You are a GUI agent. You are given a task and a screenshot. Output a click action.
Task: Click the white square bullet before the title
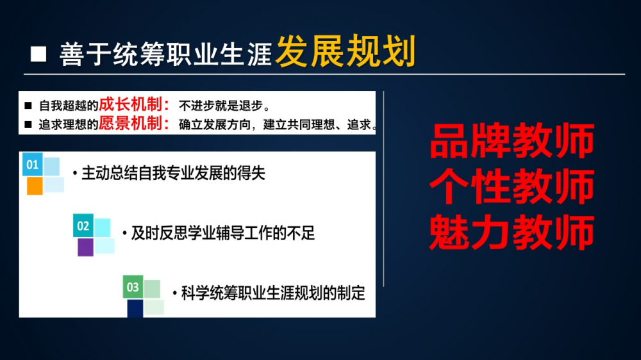[x=38, y=54]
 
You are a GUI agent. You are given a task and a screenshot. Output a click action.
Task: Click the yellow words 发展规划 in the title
[x=346, y=51]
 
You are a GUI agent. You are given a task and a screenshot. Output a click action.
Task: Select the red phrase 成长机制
[x=131, y=104]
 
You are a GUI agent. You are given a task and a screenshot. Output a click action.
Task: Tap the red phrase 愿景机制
[x=131, y=123]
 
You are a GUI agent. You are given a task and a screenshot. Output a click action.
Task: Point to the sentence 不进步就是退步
[x=224, y=106]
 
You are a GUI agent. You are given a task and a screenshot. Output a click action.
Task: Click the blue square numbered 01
[x=32, y=165]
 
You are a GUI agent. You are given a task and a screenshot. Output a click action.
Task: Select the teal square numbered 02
[x=83, y=225]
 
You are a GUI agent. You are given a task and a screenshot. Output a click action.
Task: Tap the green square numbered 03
[x=133, y=287]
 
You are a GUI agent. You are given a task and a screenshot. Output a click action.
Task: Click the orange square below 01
[x=35, y=186]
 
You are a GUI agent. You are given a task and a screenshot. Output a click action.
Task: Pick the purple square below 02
[x=85, y=247]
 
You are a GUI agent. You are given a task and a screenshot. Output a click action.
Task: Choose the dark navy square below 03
[x=135, y=308]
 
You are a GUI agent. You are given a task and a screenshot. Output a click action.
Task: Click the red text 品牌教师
[x=512, y=141]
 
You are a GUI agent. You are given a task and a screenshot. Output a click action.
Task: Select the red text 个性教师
[x=512, y=187]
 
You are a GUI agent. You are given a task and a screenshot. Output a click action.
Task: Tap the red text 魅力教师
[x=512, y=233]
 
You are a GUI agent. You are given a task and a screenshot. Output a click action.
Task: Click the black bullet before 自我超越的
[x=28, y=106]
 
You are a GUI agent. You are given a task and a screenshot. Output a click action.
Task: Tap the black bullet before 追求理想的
[x=28, y=124]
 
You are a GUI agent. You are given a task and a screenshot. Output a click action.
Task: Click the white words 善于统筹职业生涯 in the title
[x=165, y=54]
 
